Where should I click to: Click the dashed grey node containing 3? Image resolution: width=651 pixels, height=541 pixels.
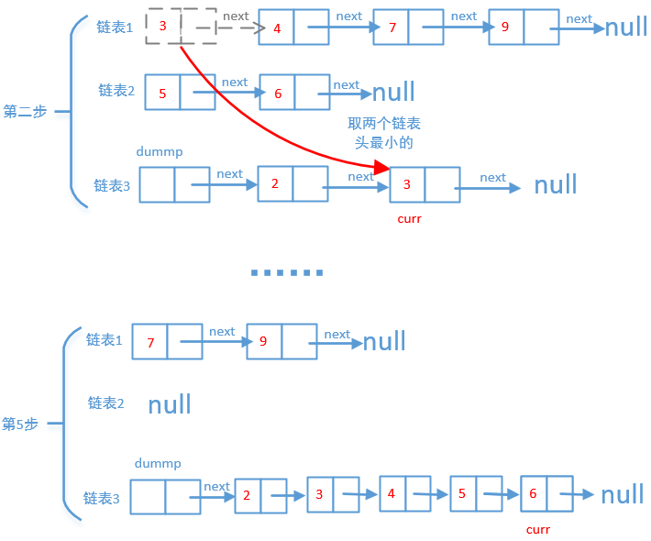point(181,27)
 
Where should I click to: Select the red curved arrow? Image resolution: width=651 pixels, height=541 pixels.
point(266,128)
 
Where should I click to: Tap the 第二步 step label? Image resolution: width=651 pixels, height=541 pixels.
point(25,112)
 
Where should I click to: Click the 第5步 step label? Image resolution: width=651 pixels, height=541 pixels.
point(20,425)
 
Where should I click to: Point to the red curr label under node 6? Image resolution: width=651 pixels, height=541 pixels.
point(538,529)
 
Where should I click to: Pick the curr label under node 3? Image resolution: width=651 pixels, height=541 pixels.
point(409,219)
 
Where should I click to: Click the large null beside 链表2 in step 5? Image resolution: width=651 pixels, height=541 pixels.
point(170,404)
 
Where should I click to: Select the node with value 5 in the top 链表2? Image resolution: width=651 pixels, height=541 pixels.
point(180,93)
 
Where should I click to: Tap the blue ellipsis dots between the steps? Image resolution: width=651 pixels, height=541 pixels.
point(287,272)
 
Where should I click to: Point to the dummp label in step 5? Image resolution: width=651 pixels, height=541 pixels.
point(158,464)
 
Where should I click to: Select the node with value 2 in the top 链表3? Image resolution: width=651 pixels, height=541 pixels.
point(292,183)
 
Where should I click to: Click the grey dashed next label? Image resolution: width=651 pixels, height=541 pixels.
point(236,17)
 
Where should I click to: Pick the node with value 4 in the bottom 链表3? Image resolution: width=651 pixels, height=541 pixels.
point(404,493)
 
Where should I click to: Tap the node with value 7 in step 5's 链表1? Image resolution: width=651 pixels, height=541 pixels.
point(167,341)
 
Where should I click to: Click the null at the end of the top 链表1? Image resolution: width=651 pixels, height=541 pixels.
point(626,27)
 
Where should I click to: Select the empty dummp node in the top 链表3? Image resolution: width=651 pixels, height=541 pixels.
point(174,184)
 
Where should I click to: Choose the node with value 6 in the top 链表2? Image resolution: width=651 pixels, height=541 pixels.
point(294,93)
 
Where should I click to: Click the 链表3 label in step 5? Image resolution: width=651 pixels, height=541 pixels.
point(102,499)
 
